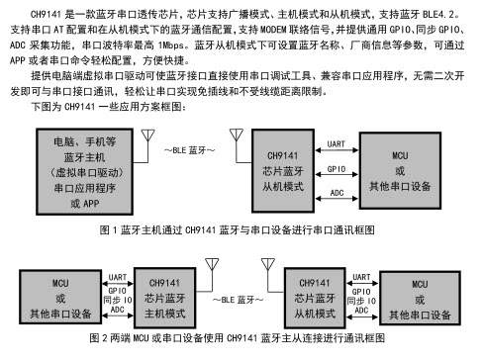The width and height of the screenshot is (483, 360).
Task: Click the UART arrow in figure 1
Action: [x=337, y=150]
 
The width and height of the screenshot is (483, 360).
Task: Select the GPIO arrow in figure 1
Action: [x=337, y=174]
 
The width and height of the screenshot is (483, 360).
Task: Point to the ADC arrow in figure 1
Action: [x=337, y=199]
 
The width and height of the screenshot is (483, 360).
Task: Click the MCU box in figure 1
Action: [x=400, y=171]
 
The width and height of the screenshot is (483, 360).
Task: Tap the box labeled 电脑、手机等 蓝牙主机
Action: [x=85, y=172]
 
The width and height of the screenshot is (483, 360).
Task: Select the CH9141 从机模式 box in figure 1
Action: [x=283, y=171]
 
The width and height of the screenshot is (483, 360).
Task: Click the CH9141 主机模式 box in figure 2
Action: [x=164, y=298]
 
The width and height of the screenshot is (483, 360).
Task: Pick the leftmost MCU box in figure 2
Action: [x=60, y=297]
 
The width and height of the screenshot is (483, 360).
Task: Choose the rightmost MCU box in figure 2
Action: [x=420, y=298]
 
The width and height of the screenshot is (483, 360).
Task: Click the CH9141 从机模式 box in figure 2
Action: [x=315, y=298]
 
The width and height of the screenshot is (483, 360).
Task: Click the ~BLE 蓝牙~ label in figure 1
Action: [x=189, y=150]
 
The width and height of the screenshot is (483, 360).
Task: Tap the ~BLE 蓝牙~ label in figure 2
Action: [x=238, y=300]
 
